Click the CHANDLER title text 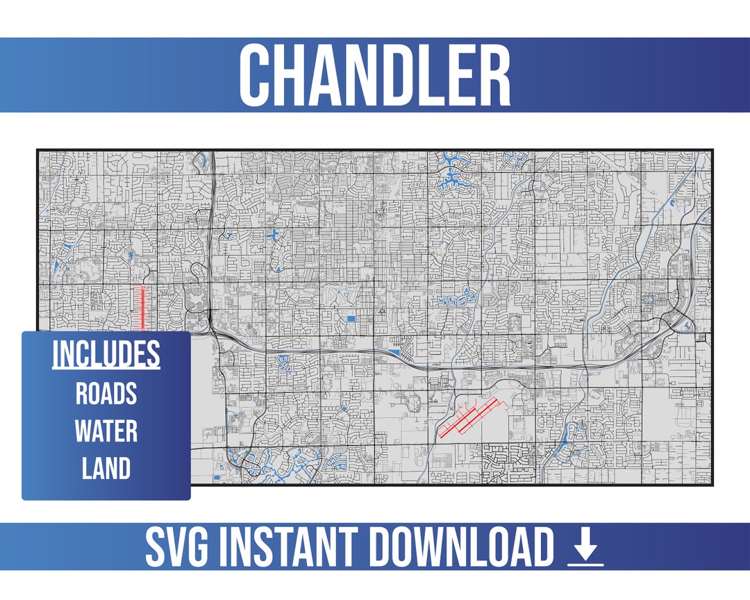375,75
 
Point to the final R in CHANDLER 494,75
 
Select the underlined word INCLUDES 106,354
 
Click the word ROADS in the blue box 106,394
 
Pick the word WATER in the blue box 106,431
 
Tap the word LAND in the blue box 106,469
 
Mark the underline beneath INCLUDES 106,369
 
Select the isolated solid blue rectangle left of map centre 351,318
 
